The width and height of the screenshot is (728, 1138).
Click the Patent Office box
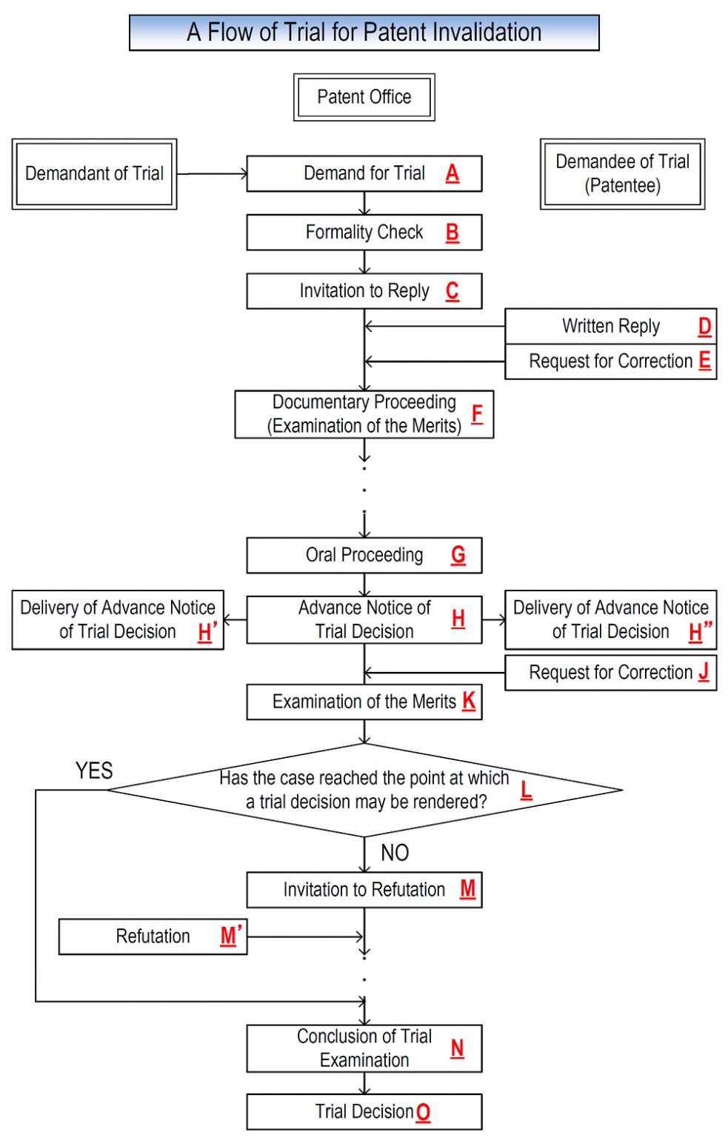click(x=364, y=97)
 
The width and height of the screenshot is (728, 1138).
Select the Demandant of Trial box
click(x=94, y=174)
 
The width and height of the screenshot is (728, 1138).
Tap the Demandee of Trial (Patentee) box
click(x=622, y=174)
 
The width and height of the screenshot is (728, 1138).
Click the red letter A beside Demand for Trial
click(x=452, y=173)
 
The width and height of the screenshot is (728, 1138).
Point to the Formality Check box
click(x=364, y=233)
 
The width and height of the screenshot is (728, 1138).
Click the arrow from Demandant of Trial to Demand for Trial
click(x=212, y=174)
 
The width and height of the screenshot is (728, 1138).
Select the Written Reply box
click(x=610, y=326)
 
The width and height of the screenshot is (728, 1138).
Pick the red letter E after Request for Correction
click(x=704, y=361)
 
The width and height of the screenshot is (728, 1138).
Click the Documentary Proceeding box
click(x=364, y=414)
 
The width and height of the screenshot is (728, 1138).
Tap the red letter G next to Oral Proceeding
click(x=458, y=555)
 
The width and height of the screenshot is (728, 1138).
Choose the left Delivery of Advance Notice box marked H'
click(x=117, y=620)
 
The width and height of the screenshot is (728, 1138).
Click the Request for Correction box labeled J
click(x=610, y=673)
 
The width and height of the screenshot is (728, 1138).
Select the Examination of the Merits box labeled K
click(x=364, y=702)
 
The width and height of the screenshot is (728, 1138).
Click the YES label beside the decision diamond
click(x=94, y=771)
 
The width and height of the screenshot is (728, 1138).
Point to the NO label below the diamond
click(x=395, y=853)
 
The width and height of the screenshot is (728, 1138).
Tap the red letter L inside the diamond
click(x=526, y=790)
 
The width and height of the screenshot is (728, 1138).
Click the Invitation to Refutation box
click(x=364, y=890)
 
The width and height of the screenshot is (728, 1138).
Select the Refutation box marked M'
click(x=153, y=936)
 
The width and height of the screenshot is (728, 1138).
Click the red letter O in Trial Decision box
click(x=423, y=1112)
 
